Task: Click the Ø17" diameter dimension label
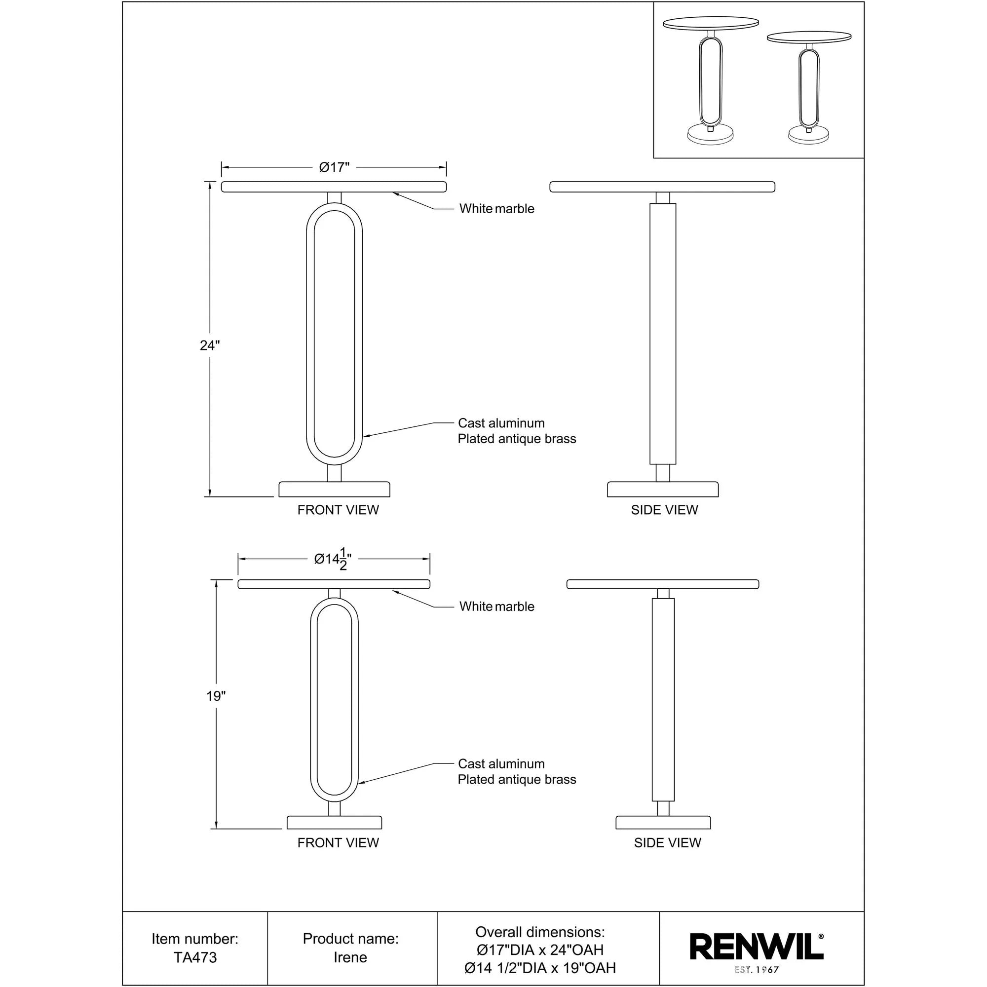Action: tap(334, 168)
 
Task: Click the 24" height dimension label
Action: tap(209, 345)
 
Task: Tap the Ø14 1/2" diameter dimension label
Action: tap(333, 559)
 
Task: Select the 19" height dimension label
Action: tap(216, 696)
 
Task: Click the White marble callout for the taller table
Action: tap(496, 208)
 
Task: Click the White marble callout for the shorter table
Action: tap(496, 607)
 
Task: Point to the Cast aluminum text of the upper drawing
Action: tap(501, 423)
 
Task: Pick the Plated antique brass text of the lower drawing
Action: tap(517, 780)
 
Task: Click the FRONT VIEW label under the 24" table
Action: tap(338, 510)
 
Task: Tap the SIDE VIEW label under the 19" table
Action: tap(667, 843)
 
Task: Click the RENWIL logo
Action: tap(756, 947)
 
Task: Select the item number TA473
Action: tap(195, 957)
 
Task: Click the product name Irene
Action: tap(350, 957)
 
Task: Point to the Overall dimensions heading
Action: tap(540, 932)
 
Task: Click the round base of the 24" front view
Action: tap(334, 490)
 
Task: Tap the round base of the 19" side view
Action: tap(663, 823)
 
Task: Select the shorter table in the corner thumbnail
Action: tap(809, 87)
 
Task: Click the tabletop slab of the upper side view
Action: tap(662, 187)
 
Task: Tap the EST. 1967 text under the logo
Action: tap(756, 970)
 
